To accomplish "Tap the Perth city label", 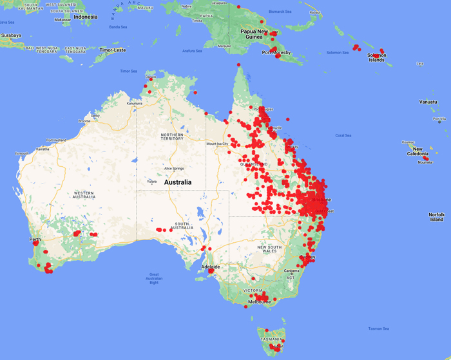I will point(35,240).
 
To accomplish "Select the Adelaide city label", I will point(211,267).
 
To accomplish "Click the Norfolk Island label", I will point(437,217).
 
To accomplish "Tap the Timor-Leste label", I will point(111,50).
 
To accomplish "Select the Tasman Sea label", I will point(379,329).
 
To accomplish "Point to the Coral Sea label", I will point(343,135).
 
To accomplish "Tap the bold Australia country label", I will point(178,182).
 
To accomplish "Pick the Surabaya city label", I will point(10,35).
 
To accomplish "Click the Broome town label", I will point(84,121).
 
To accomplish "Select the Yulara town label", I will point(152,181).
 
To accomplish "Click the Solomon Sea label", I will point(337,52).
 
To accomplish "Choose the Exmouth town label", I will point(22,154).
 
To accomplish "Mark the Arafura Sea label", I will point(192,50).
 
